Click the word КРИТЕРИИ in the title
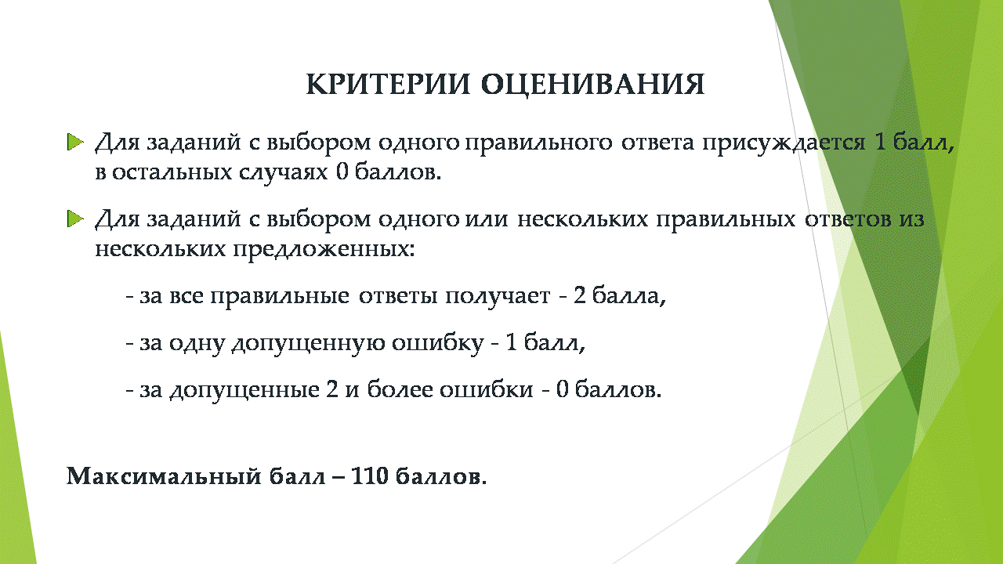tap(388, 84)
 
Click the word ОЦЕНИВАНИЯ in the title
tap(593, 85)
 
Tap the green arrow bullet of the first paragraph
tap(75, 143)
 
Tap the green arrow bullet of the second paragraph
tap(75, 219)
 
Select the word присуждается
tap(784, 143)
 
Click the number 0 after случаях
tap(342, 172)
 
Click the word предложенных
tap(324, 250)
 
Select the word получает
tap(498, 297)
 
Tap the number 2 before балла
tap(579, 295)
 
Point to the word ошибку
tap(438, 344)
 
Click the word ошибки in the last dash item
tap(487, 389)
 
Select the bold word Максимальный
tap(164, 475)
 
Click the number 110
tap(369, 475)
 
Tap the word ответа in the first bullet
tap(657, 143)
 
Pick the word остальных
tap(171, 173)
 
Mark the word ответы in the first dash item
tap(398, 297)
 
